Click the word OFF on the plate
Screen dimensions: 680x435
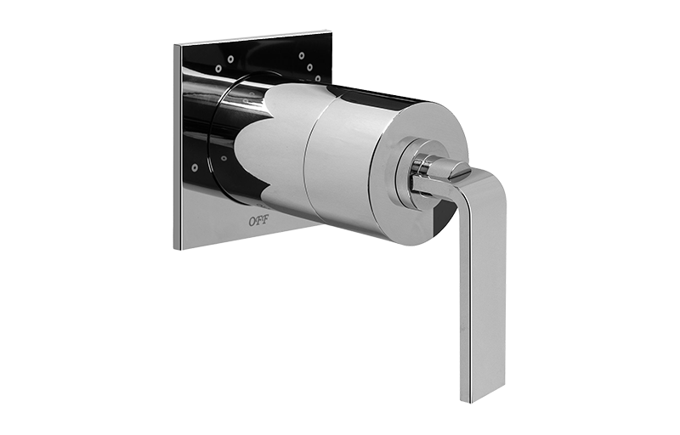tap(259, 221)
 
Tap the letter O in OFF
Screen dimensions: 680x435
tap(252, 221)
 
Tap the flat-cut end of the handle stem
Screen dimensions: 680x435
tap(460, 173)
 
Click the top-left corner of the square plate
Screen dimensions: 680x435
tap(174, 45)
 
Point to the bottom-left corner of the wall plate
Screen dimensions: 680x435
tap(174, 249)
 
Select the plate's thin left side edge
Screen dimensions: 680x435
tap(177, 147)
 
